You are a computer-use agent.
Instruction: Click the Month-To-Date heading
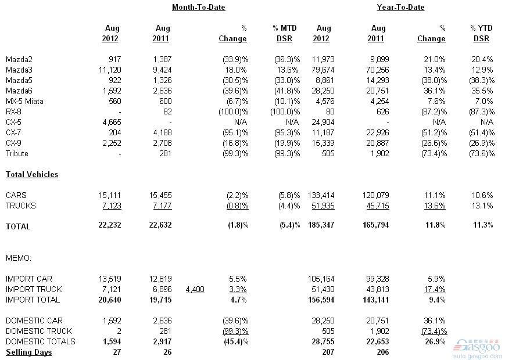click(198, 8)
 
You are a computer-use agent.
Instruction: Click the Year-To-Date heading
click(400, 8)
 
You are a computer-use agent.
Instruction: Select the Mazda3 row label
click(19, 70)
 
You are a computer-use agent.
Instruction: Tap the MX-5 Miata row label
click(24, 102)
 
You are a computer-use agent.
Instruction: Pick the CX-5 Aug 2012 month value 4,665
click(112, 123)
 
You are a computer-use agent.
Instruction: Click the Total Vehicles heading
click(32, 174)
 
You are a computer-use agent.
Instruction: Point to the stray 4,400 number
click(195, 290)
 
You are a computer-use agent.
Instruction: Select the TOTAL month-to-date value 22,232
click(110, 225)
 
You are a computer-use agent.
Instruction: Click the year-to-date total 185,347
click(321, 225)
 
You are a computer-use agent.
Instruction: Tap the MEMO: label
click(19, 258)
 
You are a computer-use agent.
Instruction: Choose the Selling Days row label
click(28, 352)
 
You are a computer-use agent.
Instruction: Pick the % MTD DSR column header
click(285, 34)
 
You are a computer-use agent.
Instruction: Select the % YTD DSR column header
click(481, 34)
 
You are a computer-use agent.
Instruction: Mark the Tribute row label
click(17, 153)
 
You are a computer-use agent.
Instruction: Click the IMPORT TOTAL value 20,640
click(110, 300)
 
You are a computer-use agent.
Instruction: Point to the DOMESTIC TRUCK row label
click(39, 331)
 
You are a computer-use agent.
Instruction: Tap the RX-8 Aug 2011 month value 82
click(167, 112)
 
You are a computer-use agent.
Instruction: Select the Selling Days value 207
click(328, 352)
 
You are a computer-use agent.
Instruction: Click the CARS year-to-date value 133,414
click(321, 195)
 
